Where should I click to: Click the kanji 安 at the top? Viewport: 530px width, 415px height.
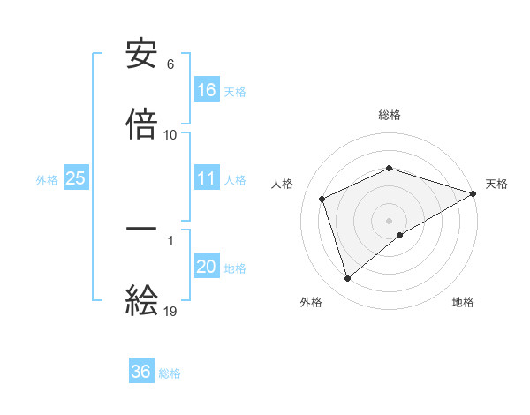(x=141, y=55)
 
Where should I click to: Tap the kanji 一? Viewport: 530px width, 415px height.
(x=141, y=228)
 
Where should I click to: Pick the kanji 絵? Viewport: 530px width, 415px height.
(x=141, y=300)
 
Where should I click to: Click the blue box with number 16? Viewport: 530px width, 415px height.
(x=207, y=89)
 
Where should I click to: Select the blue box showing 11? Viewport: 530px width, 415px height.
(x=207, y=178)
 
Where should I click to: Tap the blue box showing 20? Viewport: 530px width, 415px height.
(x=207, y=267)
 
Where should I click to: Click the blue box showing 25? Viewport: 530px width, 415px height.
(x=76, y=178)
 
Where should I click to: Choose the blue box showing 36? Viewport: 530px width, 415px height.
(x=141, y=372)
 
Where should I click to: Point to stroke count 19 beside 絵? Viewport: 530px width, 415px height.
(x=170, y=311)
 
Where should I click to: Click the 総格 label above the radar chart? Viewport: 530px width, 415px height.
(x=390, y=115)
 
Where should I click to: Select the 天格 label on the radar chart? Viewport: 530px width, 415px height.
(x=496, y=184)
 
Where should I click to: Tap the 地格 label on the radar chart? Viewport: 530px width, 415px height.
(x=463, y=302)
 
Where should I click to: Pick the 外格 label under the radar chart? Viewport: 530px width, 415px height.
(x=311, y=302)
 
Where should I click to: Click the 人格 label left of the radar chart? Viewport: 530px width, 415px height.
(x=283, y=184)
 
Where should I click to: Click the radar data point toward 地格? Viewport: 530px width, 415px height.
(x=400, y=235)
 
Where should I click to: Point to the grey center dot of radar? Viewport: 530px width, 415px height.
(x=390, y=220)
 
